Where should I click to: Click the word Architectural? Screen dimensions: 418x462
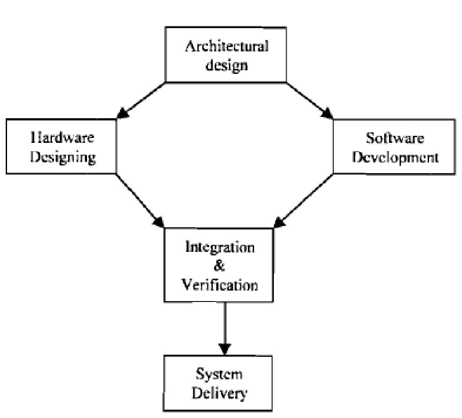tap(226, 47)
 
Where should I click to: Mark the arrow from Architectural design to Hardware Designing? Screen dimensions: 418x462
tap(141, 101)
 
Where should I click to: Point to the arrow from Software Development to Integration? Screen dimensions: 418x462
tap(303, 200)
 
